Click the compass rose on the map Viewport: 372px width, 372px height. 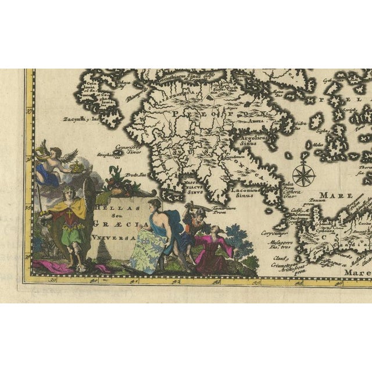(303, 174)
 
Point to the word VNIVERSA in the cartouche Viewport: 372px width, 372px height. (120, 238)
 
